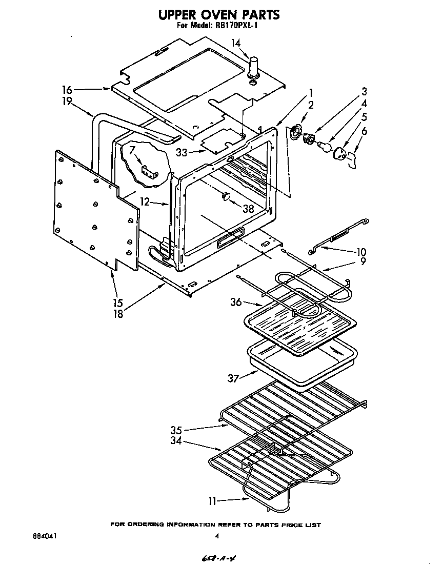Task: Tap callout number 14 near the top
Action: coord(235,44)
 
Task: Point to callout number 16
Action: coord(67,89)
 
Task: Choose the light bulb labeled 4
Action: coord(325,145)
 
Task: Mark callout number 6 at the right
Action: coord(364,131)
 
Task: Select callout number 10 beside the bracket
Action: coord(361,252)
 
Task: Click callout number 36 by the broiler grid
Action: coord(236,302)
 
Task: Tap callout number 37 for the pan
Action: coord(233,378)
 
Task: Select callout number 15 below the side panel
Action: coord(118,303)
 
